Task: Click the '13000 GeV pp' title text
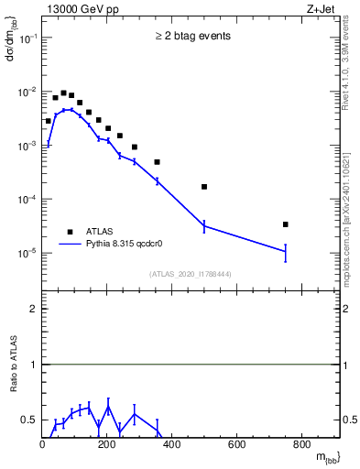point(80,9)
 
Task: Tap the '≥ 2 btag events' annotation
point(191,37)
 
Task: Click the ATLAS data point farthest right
point(286,224)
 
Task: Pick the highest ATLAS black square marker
point(63,93)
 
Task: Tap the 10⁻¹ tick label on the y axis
point(27,38)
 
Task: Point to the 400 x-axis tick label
point(171,445)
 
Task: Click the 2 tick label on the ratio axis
point(32,310)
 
